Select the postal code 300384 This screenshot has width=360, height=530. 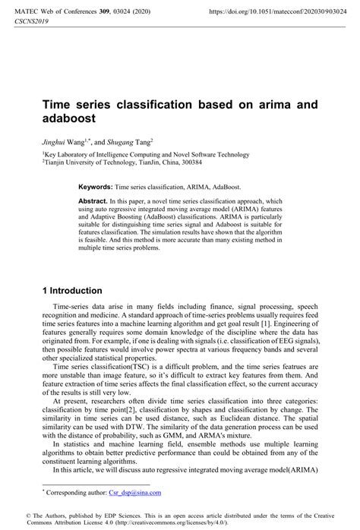[x=187, y=162]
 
